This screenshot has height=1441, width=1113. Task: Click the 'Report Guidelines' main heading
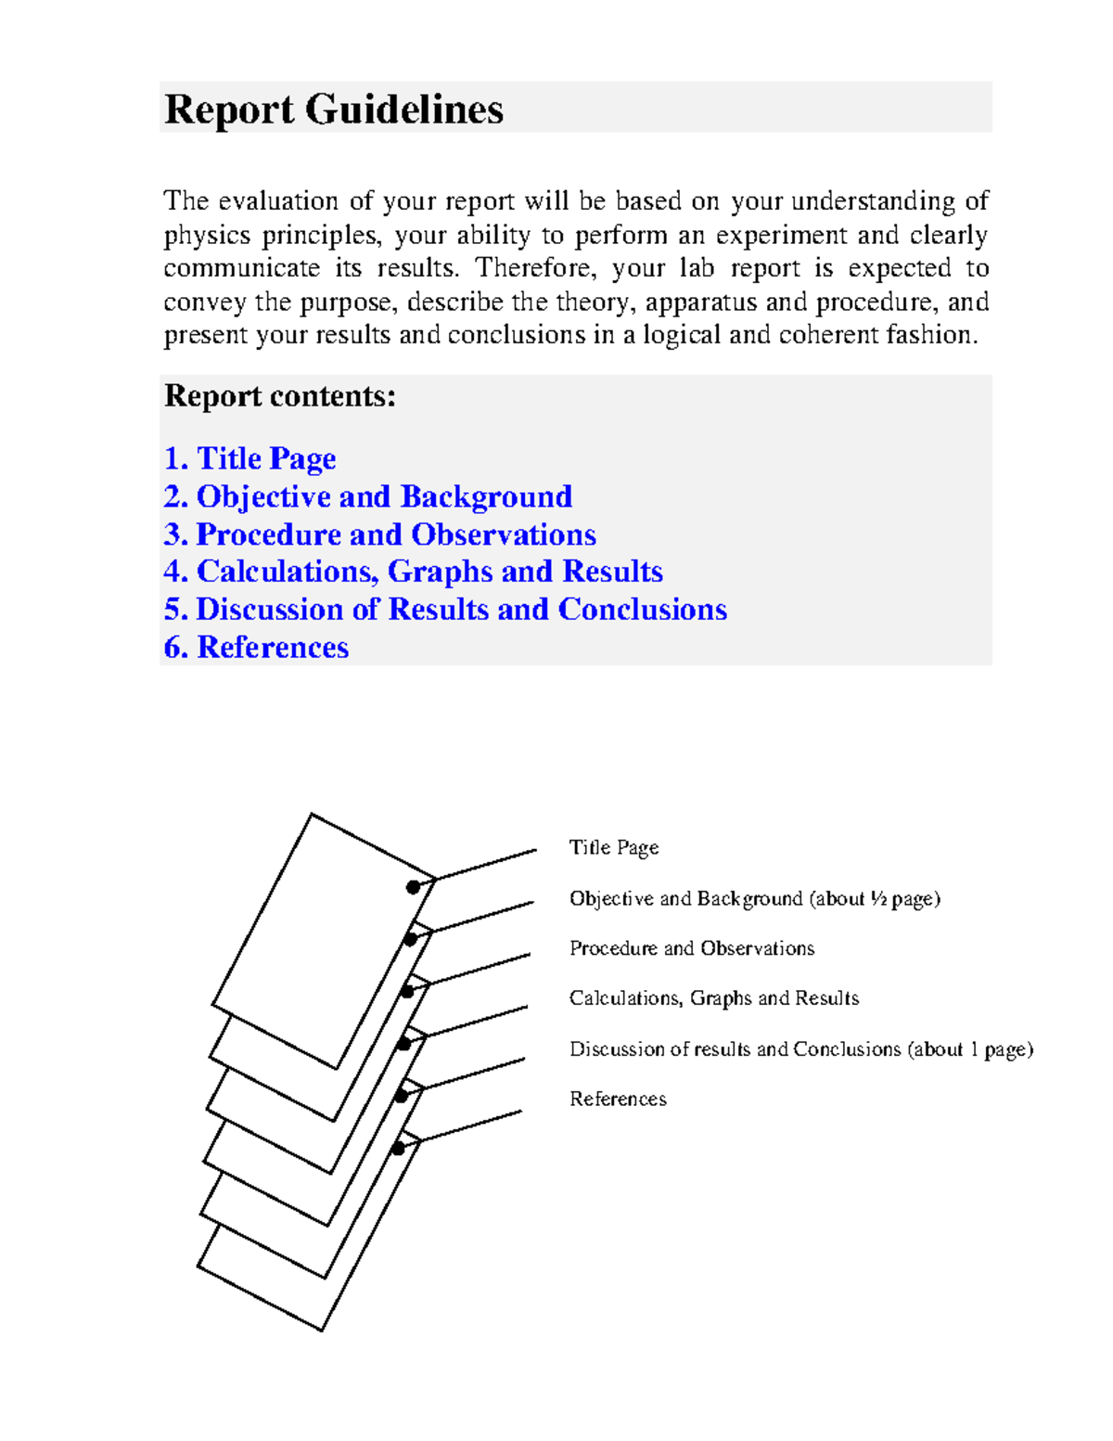coord(333,109)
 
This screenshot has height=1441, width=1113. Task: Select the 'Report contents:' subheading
coord(279,396)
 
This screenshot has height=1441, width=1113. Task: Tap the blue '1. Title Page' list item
coord(249,458)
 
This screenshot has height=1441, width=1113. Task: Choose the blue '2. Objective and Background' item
coord(367,496)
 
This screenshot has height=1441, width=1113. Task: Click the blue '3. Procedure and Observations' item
coord(379,534)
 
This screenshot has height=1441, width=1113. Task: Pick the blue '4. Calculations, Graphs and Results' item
coord(413,572)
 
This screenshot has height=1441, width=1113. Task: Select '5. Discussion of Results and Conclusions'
coord(445,610)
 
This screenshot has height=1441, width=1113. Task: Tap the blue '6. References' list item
coord(256,648)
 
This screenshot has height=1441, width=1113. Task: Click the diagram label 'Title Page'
coord(614,847)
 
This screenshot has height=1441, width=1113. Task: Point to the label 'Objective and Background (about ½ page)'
coord(755,898)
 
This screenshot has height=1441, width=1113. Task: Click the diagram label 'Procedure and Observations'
coord(692,948)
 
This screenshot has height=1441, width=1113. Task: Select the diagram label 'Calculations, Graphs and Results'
coord(714,998)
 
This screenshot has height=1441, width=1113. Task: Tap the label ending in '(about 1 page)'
coord(801,1049)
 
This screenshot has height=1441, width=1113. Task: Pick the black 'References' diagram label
coord(618,1100)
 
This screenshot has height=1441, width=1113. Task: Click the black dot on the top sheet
coord(413,888)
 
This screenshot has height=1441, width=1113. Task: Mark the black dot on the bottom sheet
coord(398,1149)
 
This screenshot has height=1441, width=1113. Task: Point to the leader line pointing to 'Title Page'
coord(487,864)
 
